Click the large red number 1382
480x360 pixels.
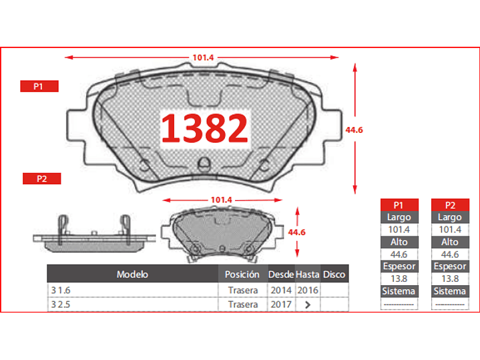pyautogui.click(x=204, y=128)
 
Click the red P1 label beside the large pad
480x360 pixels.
pyautogui.click(x=39, y=86)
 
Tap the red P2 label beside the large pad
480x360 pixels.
pyautogui.click(x=41, y=178)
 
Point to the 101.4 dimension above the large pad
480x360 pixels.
pyautogui.click(x=203, y=57)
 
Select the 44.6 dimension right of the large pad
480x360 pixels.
pyautogui.click(x=354, y=130)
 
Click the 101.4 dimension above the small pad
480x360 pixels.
pyautogui.click(x=222, y=200)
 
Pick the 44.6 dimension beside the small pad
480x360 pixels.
pyautogui.click(x=296, y=232)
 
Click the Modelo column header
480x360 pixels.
pyautogui.click(x=132, y=275)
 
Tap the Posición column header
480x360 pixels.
pyautogui.click(x=242, y=275)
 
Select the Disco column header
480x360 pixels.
pyautogui.click(x=334, y=275)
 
